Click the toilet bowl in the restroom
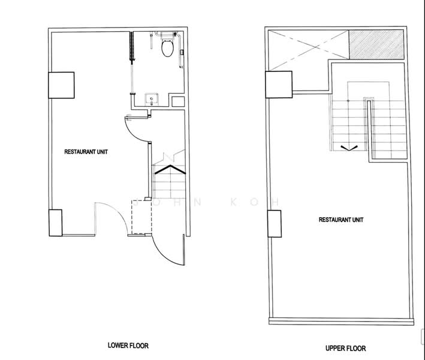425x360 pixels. pyautogui.click(x=167, y=48)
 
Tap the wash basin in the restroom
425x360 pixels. pyautogui.click(x=152, y=99)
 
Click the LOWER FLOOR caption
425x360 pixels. pyautogui.click(x=128, y=346)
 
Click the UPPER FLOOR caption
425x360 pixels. pyautogui.click(x=346, y=348)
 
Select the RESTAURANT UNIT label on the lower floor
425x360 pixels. pyautogui.click(x=86, y=152)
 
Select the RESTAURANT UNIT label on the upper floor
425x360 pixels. pyautogui.click(x=341, y=220)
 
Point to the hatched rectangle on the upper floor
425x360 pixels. pyautogui.click(x=376, y=44)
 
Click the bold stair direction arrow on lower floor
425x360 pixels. pyautogui.click(x=170, y=169)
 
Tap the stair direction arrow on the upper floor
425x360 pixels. pyautogui.click(x=349, y=148)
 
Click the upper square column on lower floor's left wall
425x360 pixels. pyautogui.click(x=61, y=85)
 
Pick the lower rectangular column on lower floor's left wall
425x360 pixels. pyautogui.click(x=56, y=223)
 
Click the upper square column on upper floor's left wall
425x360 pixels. pyautogui.click(x=279, y=85)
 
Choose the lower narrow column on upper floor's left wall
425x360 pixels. pyautogui.click(x=275, y=224)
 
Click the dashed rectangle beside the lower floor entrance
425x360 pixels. pyautogui.click(x=141, y=217)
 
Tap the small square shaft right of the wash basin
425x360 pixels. pyautogui.click(x=178, y=101)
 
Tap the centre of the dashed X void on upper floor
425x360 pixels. pyautogui.click(x=308, y=50)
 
